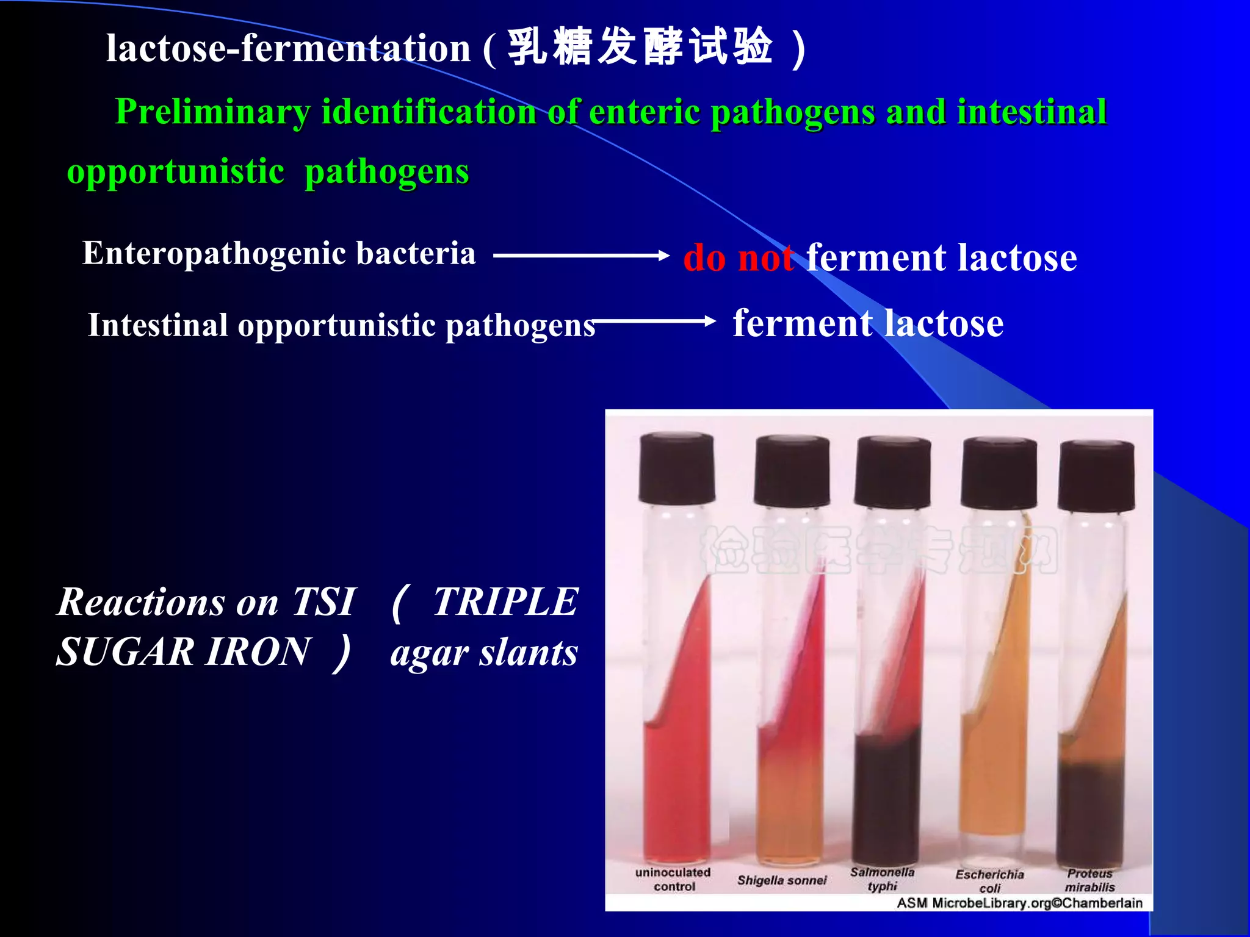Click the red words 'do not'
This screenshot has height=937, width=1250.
click(738, 257)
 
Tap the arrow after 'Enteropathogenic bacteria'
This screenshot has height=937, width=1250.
click(580, 256)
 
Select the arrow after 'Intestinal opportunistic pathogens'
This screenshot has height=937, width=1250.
click(653, 321)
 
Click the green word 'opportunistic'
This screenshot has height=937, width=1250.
click(176, 171)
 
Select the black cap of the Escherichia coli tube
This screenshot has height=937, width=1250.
click(999, 473)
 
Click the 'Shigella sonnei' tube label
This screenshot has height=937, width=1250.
click(782, 880)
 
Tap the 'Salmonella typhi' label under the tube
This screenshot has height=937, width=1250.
click(883, 879)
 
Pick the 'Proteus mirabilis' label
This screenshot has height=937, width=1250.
click(1089, 880)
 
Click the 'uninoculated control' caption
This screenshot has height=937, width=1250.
click(673, 879)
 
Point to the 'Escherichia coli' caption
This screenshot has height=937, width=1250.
click(989, 881)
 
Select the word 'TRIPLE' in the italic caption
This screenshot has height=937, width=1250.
click(505, 602)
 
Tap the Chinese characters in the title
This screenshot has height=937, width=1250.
click(641, 47)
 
